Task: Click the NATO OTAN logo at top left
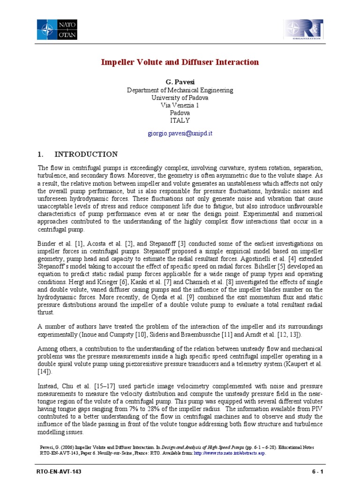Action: point(58,29)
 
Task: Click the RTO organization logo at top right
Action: point(303,30)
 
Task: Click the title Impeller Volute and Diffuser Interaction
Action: point(180,62)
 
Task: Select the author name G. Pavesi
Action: point(180,82)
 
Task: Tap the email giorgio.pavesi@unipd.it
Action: point(180,133)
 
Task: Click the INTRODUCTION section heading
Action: point(86,154)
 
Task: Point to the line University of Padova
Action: point(180,98)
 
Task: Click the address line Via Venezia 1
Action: point(180,105)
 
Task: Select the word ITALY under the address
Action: point(180,120)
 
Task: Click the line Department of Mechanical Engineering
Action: point(180,90)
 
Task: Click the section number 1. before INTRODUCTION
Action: point(40,154)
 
